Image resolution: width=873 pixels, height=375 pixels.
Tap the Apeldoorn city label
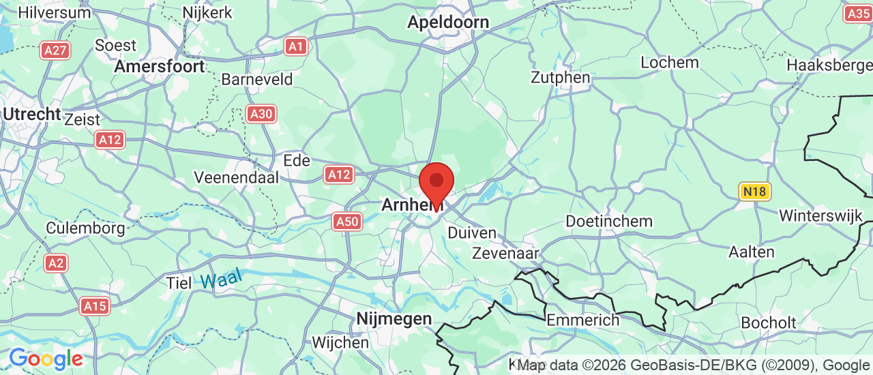pyautogui.click(x=448, y=22)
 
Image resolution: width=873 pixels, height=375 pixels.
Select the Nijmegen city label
pyautogui.click(x=394, y=318)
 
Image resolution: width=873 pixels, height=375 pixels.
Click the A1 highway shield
pyautogui.click(x=295, y=46)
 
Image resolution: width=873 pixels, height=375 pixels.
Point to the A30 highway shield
pyautogui.click(x=262, y=114)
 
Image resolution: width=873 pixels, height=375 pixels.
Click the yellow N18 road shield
pyautogui.click(x=755, y=192)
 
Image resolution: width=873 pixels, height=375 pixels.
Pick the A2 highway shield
pyautogui.click(x=56, y=263)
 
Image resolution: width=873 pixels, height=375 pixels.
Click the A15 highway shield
pyautogui.click(x=95, y=306)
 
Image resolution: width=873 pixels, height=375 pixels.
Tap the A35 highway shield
pyautogui.click(x=857, y=13)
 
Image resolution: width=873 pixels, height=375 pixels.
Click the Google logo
pyautogui.click(x=45, y=359)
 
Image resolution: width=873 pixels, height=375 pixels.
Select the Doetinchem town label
pyautogui.click(x=609, y=222)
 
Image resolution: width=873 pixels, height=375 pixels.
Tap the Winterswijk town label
pyautogui.click(x=820, y=215)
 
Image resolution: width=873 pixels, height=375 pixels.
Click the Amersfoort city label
pyautogui.click(x=160, y=67)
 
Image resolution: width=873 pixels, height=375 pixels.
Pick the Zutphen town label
pyautogui.click(x=561, y=78)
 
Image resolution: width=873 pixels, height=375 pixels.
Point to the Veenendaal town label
pyautogui.click(x=237, y=177)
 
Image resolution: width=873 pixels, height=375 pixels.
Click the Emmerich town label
pyautogui.click(x=583, y=320)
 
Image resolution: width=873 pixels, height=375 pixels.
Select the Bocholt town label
pyautogui.click(x=768, y=322)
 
